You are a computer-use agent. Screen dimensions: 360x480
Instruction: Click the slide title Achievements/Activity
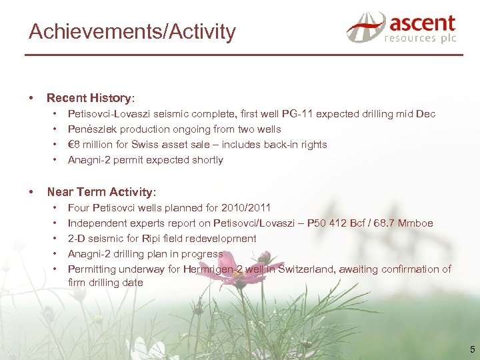[132, 31]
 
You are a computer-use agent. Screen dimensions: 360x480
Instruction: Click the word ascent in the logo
[422, 23]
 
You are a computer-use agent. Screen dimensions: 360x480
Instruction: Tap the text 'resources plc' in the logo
[419, 39]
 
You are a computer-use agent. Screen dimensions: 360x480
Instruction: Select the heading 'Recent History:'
[91, 98]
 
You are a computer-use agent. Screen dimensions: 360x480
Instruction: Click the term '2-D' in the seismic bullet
[77, 239]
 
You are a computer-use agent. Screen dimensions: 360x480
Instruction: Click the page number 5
[472, 349]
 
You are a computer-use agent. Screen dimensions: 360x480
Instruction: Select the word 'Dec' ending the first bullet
[425, 114]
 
